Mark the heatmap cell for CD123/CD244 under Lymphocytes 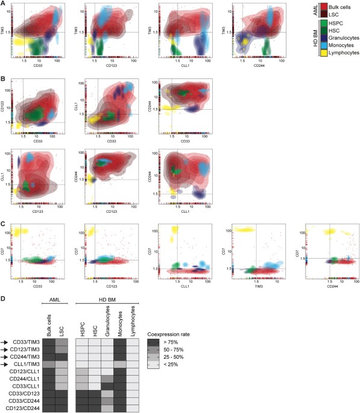134,408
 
